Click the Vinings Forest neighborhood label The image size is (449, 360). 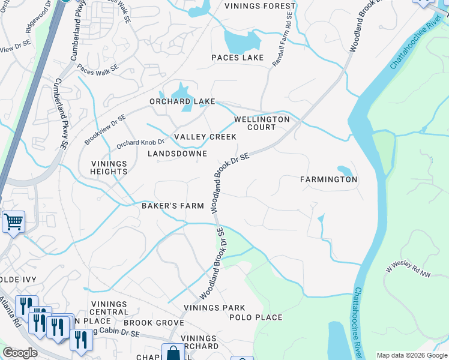tap(260, 7)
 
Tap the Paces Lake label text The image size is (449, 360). tap(237, 58)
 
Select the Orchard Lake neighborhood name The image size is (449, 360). tap(182, 101)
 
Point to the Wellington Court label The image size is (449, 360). tap(262, 123)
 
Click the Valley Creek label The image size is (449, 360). tap(205, 137)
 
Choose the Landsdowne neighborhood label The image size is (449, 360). tap(177, 154)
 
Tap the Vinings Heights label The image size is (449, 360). tap(109, 167)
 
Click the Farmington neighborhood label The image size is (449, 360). tap(329, 179)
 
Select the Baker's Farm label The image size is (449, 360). tap(173, 206)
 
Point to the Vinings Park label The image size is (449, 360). tap(214, 308)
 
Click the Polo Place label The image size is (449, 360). tap(256, 317)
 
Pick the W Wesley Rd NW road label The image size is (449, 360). tap(409, 270)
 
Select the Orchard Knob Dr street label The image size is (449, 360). tap(140, 143)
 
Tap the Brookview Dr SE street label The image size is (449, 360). tap(105, 130)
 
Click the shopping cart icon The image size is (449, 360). tap(13, 222)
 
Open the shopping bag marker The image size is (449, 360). tap(173, 352)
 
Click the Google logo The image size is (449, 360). tap(20, 353)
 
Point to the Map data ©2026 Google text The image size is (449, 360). tap(411, 355)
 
